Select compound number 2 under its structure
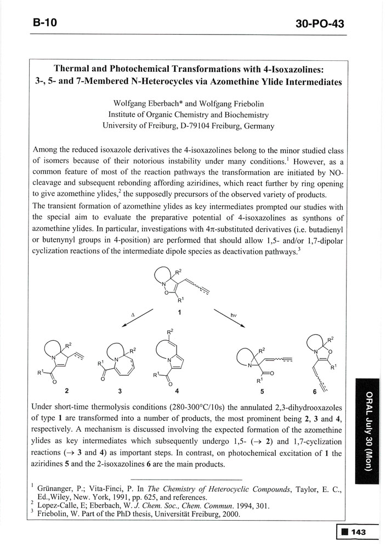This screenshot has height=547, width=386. click(x=67, y=391)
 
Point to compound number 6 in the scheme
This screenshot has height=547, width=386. click(x=314, y=391)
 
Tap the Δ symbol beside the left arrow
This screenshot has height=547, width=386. click(x=133, y=315)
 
